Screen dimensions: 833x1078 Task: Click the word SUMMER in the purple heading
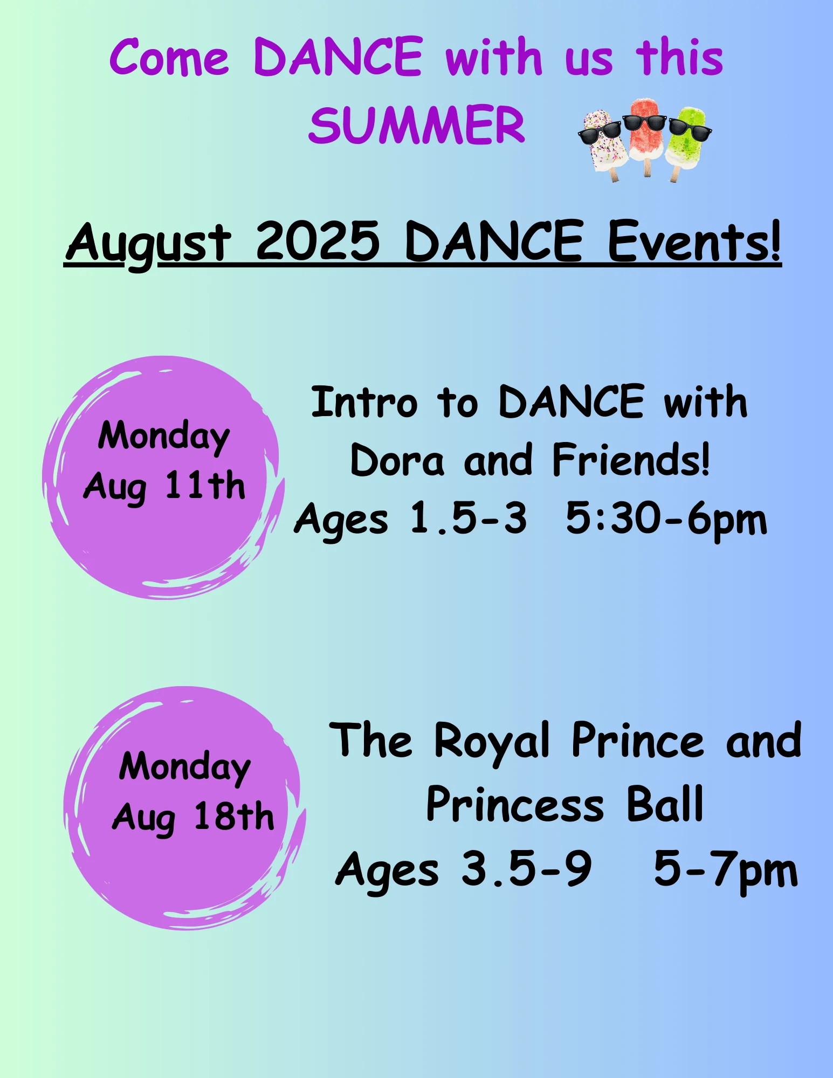pos(417,125)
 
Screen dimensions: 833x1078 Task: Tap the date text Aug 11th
pos(164,487)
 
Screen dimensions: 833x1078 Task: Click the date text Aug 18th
pos(193,817)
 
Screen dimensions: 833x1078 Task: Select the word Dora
pos(397,460)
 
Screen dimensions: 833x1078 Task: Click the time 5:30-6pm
pos(666,520)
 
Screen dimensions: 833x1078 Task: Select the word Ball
pos(665,804)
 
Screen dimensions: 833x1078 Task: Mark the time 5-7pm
pos(726,869)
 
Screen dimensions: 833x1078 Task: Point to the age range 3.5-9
pos(526,868)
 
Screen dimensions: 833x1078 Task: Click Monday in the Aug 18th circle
pos(185,768)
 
